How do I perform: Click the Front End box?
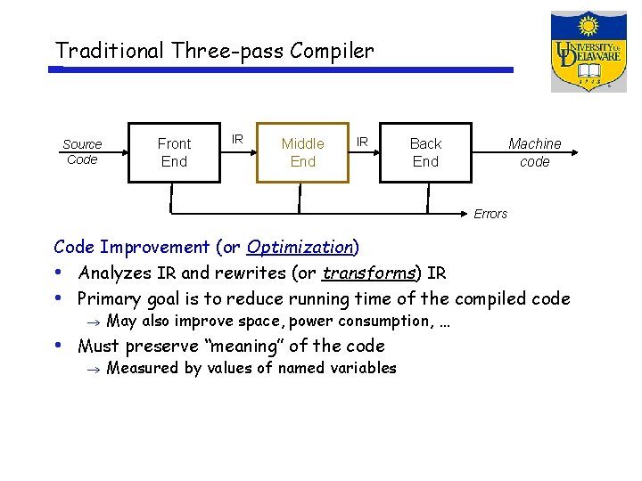[174, 152]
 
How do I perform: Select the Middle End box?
[302, 152]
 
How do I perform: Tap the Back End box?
[425, 152]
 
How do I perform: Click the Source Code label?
[82, 151]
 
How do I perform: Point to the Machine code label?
[534, 152]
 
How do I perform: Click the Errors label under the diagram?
[490, 214]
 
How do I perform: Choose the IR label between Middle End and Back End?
[362, 141]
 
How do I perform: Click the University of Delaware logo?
[588, 51]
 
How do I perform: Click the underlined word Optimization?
[300, 247]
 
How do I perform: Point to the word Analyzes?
[114, 273]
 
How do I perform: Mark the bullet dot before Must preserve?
[58, 344]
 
